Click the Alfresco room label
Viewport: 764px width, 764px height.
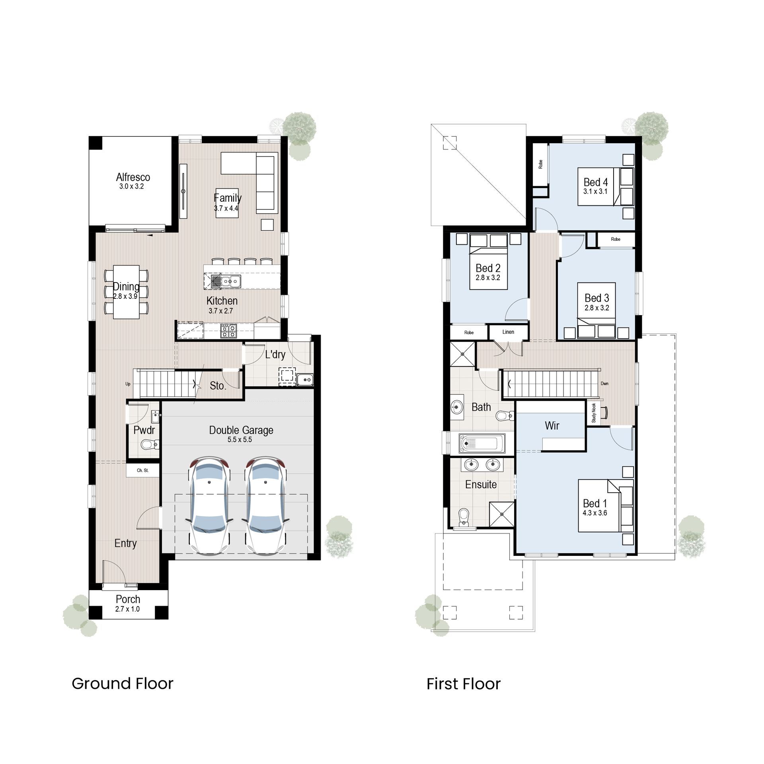click(133, 177)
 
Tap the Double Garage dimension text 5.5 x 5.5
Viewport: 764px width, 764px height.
click(240, 440)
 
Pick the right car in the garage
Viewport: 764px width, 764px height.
click(266, 505)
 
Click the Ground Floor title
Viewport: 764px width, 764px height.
click(122, 684)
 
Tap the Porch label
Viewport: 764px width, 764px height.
click(128, 599)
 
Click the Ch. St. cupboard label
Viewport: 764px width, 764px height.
click(142, 470)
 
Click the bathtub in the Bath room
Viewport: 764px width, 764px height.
click(482, 443)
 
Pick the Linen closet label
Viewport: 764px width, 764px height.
click(508, 332)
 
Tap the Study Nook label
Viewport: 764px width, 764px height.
click(594, 413)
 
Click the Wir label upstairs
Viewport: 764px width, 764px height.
click(552, 426)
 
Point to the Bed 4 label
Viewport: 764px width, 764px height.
click(596, 182)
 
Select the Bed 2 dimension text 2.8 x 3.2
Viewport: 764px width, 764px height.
click(488, 278)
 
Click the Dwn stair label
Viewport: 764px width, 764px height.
click(604, 384)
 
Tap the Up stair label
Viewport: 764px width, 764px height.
click(128, 384)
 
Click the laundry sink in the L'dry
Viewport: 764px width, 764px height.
click(305, 380)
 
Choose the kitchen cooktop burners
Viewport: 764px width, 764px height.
click(228, 331)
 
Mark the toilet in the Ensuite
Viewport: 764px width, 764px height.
click(464, 517)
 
